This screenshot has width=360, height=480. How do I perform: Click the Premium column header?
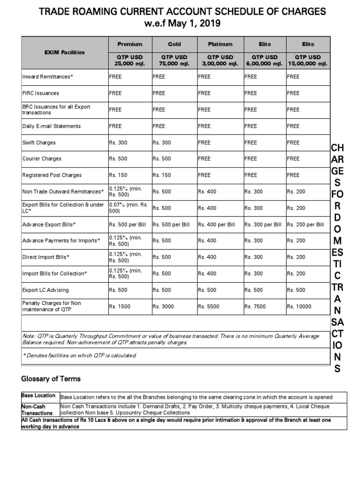129,44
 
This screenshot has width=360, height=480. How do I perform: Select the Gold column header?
174,44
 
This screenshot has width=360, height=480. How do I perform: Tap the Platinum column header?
220,44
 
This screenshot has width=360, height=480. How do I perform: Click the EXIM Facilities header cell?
65,52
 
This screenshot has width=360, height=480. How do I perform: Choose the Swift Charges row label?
39,142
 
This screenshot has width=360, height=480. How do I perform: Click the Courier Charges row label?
42,159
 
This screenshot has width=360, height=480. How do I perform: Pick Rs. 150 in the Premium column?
118,175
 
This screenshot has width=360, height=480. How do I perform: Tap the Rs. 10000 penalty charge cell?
300,307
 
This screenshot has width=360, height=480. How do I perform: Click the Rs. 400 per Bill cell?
217,225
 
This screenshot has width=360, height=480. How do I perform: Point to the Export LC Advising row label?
45,290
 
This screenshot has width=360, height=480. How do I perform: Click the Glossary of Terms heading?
51,379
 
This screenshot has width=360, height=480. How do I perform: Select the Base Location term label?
38,396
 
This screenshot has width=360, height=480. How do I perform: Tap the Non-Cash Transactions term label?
37,410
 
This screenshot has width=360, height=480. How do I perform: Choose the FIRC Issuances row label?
41,93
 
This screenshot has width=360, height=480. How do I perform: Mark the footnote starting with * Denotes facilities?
79,355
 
